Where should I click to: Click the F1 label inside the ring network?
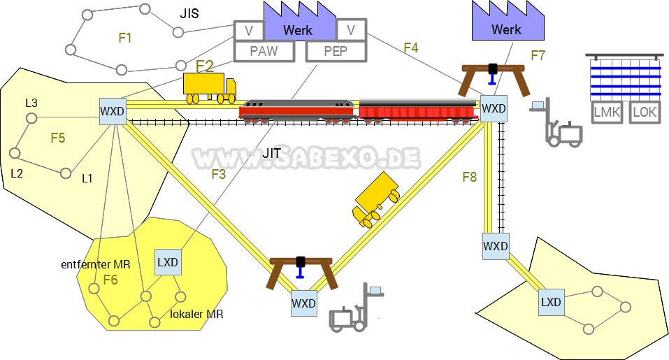[125, 38]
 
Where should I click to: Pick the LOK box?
[644, 112]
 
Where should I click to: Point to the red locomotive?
[296, 110]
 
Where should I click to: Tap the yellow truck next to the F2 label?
[208, 88]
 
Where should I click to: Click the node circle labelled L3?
[31, 117]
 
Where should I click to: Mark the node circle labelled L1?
[66, 173]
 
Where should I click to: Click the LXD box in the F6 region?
[168, 262]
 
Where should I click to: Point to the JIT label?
[273, 152]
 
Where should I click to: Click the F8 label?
[469, 177]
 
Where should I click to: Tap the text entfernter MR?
[95, 264]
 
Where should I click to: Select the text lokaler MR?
[196, 315]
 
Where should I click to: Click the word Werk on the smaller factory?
[506, 29]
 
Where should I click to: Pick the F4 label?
[411, 48]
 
